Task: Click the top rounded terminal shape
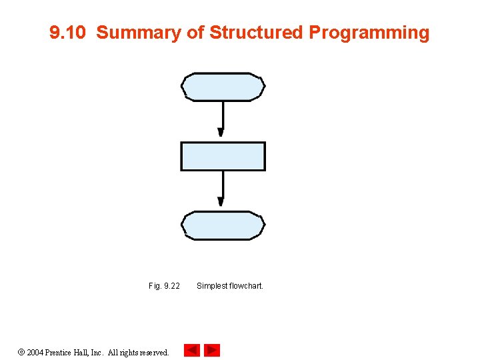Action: click(223, 87)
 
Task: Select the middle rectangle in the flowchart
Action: click(223, 157)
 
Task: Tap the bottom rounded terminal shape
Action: click(223, 225)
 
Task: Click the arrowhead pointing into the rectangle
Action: click(221, 133)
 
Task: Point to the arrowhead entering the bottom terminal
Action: click(221, 201)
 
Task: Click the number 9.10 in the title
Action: click(68, 33)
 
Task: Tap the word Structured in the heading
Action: click(257, 33)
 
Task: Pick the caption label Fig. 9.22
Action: click(164, 286)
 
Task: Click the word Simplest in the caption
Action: click(211, 286)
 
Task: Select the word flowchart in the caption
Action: click(247, 286)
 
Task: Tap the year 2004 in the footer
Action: click(35, 352)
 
